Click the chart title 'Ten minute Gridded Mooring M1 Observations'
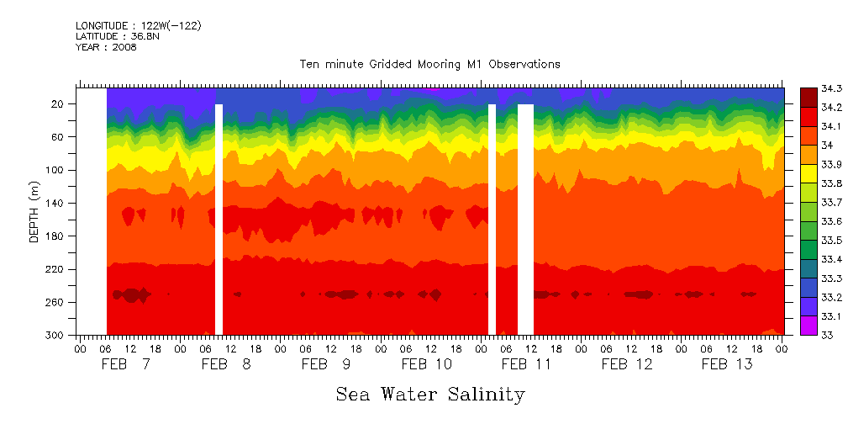[x=429, y=65]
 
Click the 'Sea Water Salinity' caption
[x=430, y=394]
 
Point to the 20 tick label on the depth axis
[x=59, y=104]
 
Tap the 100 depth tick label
[x=56, y=170]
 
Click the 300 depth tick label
[x=56, y=336]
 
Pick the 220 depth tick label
[x=56, y=269]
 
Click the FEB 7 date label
[x=126, y=364]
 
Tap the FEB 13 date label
[x=727, y=364]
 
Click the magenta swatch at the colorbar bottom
[x=808, y=326]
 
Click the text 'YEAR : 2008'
[x=106, y=47]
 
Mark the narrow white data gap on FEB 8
[x=219, y=219]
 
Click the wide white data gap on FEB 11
[x=525, y=219]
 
